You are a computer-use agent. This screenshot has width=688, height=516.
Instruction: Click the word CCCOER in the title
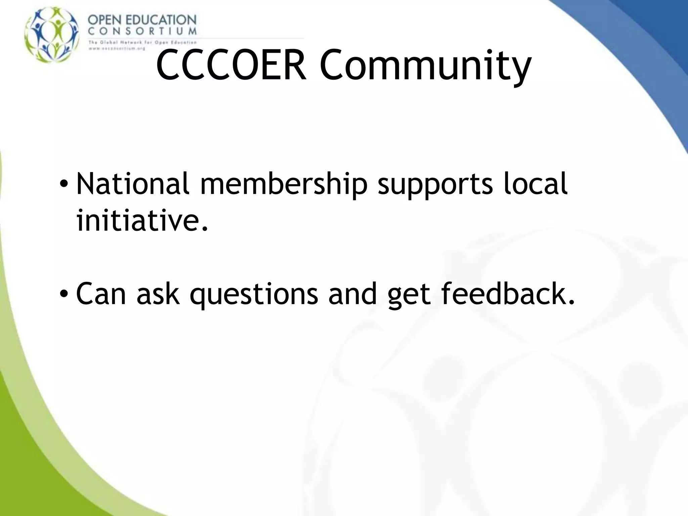pyautogui.click(x=231, y=66)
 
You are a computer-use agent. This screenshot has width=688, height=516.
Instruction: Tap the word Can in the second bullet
pyautogui.click(x=101, y=294)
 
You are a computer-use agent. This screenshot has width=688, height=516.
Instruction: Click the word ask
pyautogui.click(x=158, y=294)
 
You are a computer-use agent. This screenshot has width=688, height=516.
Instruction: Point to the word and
pyautogui.click(x=352, y=294)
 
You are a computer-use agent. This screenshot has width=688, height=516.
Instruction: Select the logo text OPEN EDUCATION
pyautogui.click(x=142, y=20)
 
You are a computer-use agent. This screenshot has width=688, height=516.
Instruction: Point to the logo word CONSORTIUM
pyautogui.click(x=142, y=32)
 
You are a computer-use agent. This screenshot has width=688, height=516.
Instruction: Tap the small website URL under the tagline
pyautogui.click(x=117, y=48)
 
